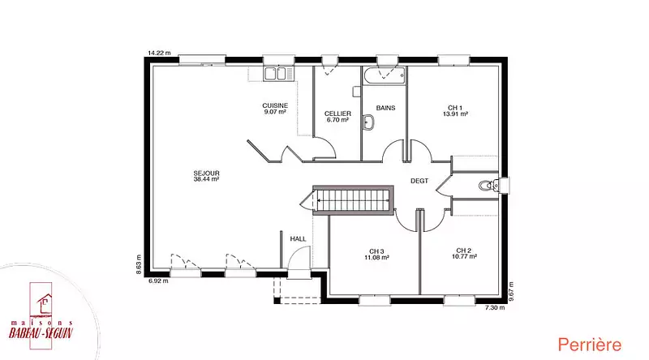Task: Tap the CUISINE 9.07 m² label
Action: point(275,109)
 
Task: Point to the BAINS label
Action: point(386,108)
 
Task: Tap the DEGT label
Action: point(419,181)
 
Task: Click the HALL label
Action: point(298,238)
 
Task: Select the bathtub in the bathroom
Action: point(385,75)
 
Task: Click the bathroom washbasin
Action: point(368,122)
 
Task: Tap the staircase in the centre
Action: point(353,199)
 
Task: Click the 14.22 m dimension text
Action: point(159,53)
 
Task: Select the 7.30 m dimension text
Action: point(495,307)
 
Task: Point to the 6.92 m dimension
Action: point(158,281)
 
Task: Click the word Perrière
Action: point(590,345)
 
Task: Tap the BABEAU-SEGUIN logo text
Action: point(41,332)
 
